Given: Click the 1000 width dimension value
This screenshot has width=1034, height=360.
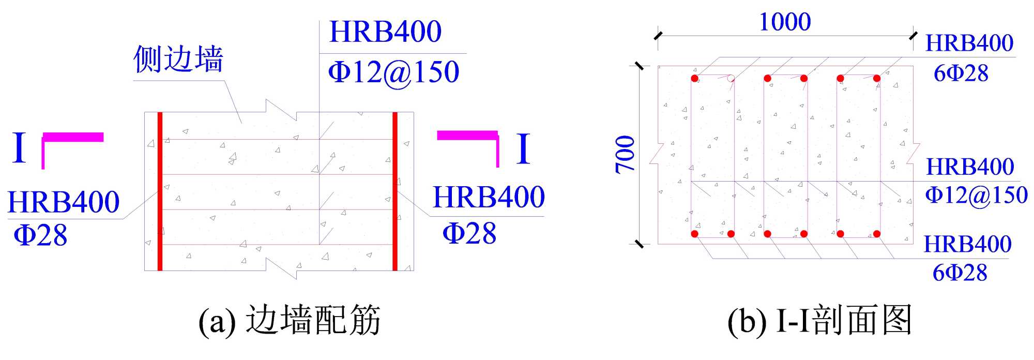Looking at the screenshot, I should (x=784, y=22).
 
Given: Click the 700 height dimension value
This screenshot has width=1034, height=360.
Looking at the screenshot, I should (x=625, y=154).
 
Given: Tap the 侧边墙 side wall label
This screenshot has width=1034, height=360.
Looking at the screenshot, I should (x=178, y=59).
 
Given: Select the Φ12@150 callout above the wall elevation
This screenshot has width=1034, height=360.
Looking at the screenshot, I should (x=393, y=72).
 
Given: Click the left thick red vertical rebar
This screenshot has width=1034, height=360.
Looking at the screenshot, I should (x=160, y=191).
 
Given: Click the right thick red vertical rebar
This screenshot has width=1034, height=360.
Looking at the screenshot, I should (x=395, y=191).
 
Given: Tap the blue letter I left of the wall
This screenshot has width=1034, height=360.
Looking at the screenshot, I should (x=19, y=148).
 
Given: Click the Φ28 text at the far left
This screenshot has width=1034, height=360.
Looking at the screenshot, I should (x=40, y=235).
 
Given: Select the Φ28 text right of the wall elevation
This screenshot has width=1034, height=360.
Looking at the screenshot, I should (x=469, y=233).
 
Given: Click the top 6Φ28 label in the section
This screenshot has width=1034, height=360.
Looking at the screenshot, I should (x=961, y=73).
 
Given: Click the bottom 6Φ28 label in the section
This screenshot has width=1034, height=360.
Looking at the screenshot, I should (x=960, y=273).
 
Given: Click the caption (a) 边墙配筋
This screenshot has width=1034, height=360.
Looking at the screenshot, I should (x=290, y=320).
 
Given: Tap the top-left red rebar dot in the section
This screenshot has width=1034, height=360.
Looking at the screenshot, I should (x=695, y=79).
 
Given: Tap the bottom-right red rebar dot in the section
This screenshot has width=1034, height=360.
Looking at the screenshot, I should (x=877, y=234).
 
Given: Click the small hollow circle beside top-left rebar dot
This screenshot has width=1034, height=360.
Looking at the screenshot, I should (x=731, y=79).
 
